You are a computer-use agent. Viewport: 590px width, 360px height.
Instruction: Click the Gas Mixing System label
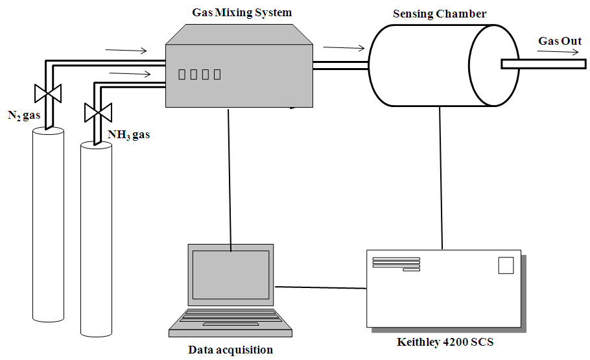(x=242, y=13)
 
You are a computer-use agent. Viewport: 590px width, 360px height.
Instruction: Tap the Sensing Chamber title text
(x=440, y=14)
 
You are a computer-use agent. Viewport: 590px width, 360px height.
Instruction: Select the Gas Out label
(x=560, y=41)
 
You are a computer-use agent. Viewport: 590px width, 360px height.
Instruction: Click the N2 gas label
(x=24, y=115)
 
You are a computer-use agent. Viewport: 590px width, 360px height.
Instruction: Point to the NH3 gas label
(x=128, y=135)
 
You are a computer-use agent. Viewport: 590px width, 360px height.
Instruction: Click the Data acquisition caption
(x=230, y=350)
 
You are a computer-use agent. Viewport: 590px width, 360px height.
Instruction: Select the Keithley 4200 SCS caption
(x=445, y=342)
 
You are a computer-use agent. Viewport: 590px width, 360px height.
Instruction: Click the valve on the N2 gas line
(x=48, y=93)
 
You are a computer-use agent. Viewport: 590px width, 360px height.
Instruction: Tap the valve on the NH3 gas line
(x=98, y=112)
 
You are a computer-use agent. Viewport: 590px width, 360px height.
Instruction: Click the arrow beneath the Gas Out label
(x=558, y=52)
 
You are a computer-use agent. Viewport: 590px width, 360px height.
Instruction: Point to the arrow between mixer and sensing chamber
(x=344, y=47)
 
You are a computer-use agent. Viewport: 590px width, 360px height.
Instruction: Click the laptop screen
(x=231, y=274)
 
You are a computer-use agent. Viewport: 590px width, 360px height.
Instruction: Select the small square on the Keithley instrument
(x=506, y=265)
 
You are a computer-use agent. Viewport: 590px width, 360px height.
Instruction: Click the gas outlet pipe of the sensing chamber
(x=544, y=64)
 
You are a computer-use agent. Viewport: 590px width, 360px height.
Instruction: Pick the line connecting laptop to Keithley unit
(x=320, y=288)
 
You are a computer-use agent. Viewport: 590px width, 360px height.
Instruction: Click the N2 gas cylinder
(x=48, y=225)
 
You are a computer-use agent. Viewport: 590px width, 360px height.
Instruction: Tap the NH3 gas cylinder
(x=97, y=239)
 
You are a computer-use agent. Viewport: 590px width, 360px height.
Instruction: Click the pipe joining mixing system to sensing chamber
(x=340, y=66)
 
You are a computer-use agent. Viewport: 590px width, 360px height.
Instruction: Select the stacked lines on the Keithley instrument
(x=396, y=264)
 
